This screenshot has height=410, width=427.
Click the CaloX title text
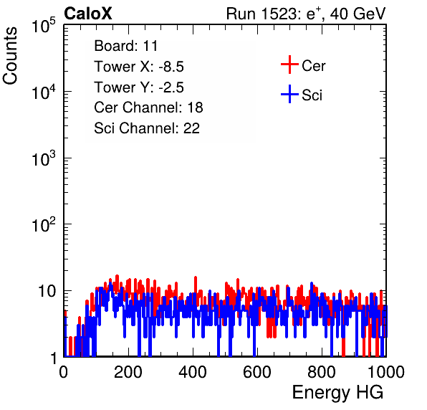88,14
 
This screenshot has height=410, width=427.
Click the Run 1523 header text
306,14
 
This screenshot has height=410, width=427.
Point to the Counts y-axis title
10,56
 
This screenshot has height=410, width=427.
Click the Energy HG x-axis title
337,393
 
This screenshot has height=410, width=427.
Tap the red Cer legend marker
289,65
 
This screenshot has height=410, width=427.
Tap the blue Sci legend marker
289,94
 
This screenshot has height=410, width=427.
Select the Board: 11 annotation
126,45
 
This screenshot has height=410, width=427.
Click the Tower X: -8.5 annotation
139,67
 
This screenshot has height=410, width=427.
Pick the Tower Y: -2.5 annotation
139,87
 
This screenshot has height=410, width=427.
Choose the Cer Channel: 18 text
148,108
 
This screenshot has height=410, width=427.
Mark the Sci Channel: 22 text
147,128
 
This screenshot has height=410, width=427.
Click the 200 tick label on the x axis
128,372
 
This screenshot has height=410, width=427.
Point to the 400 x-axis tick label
193,372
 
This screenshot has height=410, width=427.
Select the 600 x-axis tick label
257,372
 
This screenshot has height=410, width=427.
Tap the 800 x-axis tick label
322,372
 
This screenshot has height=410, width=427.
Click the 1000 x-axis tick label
386,372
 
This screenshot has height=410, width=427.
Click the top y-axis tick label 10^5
44,25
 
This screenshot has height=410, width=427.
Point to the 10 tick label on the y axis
47,291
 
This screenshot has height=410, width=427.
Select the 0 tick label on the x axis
63,372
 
